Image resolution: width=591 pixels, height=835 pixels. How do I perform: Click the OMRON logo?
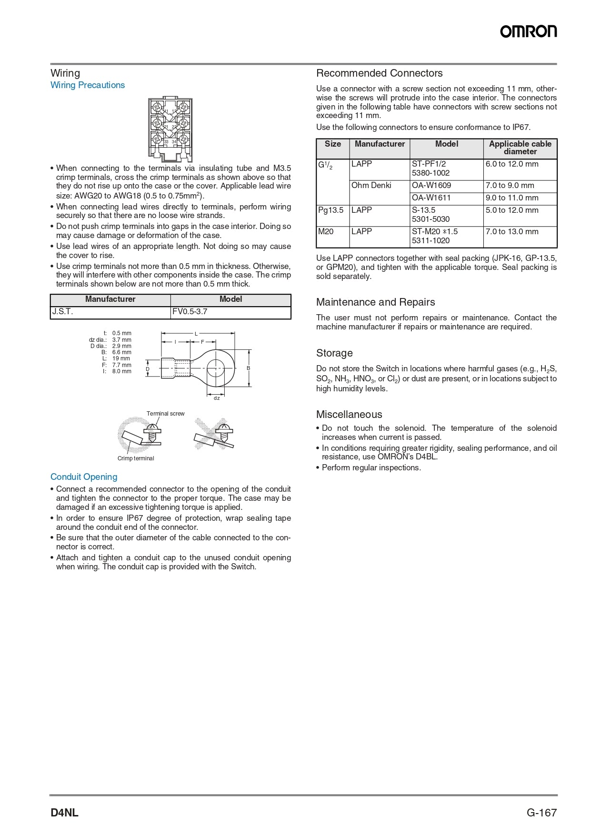pos(528,31)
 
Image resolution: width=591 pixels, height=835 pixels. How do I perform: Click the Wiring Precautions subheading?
pos(88,85)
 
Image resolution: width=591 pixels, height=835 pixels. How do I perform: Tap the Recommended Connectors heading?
pos(379,73)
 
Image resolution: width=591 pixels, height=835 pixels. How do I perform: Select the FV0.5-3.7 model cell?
pos(230,312)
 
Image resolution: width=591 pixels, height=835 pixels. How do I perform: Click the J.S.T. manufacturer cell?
pos(110,312)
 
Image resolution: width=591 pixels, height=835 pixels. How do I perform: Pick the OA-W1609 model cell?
pos(446,186)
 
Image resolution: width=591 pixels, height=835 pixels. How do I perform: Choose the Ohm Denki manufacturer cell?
pos(379,186)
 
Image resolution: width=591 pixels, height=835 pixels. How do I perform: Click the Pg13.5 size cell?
pos(331,210)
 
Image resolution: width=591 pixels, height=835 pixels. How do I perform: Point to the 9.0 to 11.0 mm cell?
pos(520,198)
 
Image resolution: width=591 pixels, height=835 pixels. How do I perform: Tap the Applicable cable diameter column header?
pos(520,148)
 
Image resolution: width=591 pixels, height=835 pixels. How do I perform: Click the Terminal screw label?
pos(165,414)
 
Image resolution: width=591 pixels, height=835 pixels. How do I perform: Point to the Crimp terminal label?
pos(136,458)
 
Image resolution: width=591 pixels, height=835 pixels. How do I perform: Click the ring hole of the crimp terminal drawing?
pos(216,368)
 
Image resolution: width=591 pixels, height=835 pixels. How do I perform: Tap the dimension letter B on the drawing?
pos(248,368)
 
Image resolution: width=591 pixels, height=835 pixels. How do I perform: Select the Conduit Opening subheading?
pos(84,477)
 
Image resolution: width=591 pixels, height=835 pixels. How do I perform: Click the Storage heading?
pos(334,353)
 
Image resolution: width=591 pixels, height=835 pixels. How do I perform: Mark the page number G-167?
pos(541,813)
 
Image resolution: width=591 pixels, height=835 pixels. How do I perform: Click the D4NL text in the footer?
pos(64,813)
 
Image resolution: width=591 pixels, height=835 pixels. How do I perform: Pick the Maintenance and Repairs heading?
pos(375,302)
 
